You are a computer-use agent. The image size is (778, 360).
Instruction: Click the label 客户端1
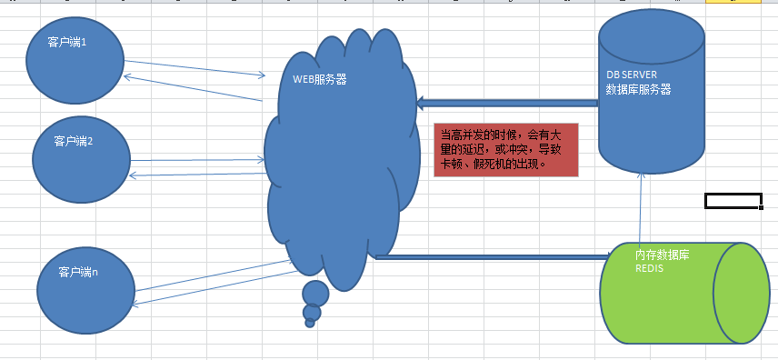point(67,42)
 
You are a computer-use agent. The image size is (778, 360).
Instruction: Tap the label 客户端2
point(74,142)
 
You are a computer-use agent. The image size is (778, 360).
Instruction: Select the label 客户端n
point(78,272)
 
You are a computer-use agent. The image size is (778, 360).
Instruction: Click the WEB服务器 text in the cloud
point(320,79)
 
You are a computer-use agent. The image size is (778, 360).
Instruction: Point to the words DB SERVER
point(632,75)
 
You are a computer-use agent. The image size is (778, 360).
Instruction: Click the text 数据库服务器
point(639,89)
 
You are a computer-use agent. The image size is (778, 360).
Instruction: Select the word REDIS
point(650,268)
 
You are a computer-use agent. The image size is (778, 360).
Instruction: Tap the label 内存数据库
point(663,255)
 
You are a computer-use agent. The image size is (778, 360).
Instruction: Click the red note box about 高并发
point(506,150)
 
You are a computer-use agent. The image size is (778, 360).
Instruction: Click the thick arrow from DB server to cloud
point(507,104)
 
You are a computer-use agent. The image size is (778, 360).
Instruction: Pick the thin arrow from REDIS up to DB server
point(641,208)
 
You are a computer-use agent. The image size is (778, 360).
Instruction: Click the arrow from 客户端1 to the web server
point(194,68)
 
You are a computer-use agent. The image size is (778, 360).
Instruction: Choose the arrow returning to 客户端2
point(197,175)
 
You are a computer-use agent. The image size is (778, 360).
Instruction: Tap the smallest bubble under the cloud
point(310,323)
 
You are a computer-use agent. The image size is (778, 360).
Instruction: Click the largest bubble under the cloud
point(315,294)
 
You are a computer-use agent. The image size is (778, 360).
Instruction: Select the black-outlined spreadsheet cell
point(733,201)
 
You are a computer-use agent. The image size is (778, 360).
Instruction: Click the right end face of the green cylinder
point(742,293)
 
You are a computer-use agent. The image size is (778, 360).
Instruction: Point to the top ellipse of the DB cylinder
point(652,35)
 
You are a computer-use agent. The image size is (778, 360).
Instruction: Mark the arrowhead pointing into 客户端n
point(134,304)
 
